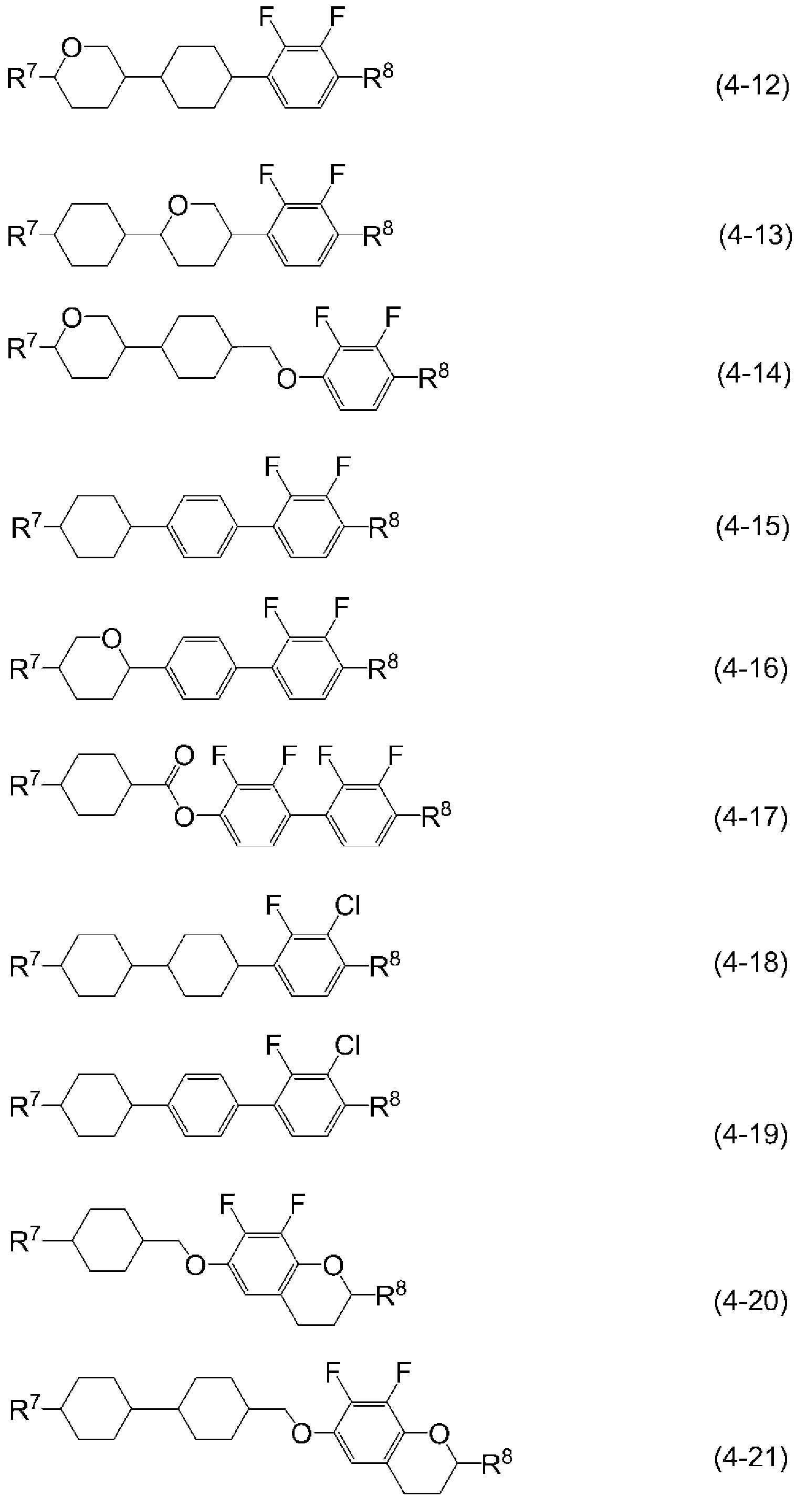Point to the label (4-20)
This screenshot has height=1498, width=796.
751,1301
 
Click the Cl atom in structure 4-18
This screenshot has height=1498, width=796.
348,906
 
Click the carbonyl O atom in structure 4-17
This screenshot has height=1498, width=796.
184,756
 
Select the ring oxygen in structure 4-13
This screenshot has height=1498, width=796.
178,205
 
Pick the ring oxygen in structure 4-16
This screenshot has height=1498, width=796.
111,639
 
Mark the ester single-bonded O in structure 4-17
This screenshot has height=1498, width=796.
184,817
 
